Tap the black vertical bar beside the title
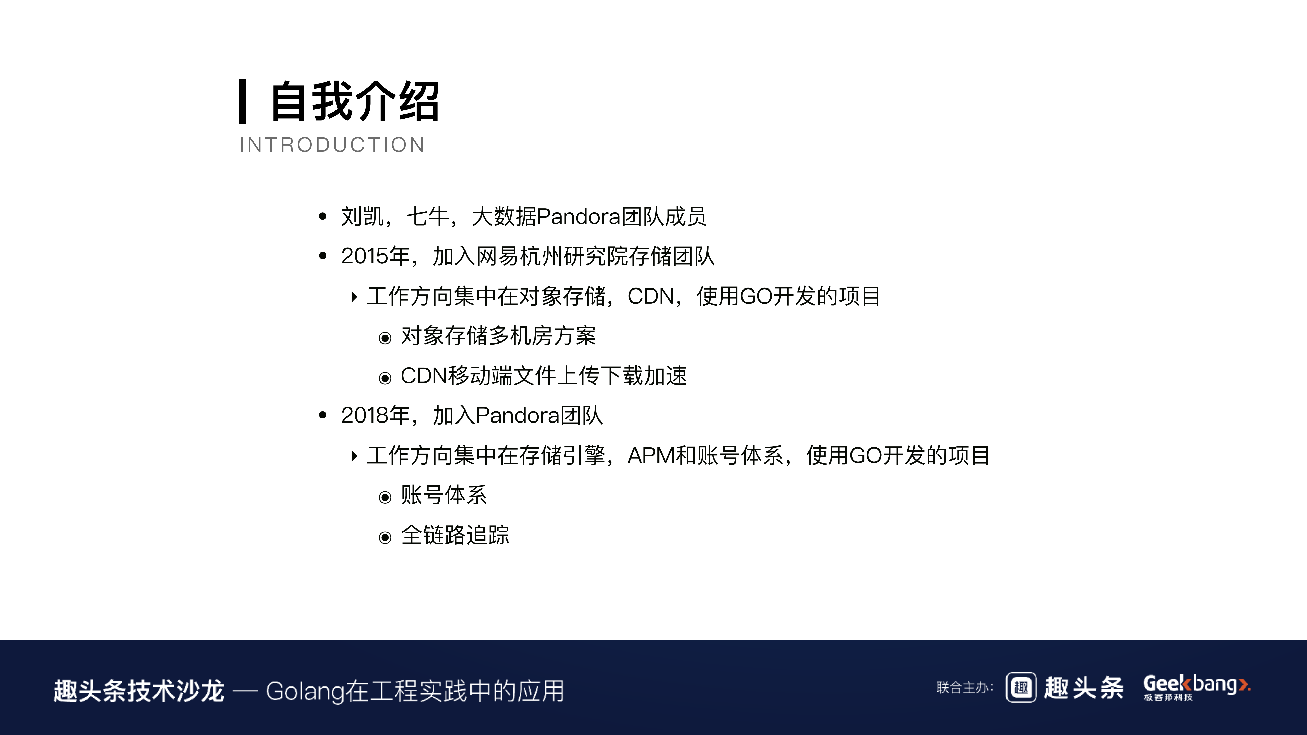tap(243, 101)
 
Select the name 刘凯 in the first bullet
tap(362, 216)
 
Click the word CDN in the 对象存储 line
tap(651, 296)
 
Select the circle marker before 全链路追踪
tap(385, 537)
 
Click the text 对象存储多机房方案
tap(498, 336)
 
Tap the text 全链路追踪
tap(455, 535)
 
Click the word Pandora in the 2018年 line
tap(518, 415)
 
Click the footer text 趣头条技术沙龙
tap(139, 691)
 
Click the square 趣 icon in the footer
tap(1021, 688)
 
